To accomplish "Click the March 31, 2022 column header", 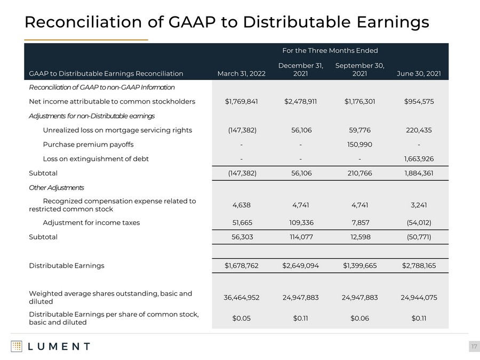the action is click(x=241, y=74).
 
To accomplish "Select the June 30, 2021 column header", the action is click(x=419, y=74).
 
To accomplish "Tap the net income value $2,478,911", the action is click(x=300, y=102).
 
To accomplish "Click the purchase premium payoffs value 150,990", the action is click(x=359, y=145).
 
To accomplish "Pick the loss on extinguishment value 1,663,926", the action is click(x=419, y=159).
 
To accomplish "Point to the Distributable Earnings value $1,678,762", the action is click(x=242, y=266).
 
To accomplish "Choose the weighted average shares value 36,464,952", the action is click(x=242, y=298).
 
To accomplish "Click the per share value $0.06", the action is click(x=359, y=318).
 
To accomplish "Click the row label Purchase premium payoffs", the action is click(x=88, y=145).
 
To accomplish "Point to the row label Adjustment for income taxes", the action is click(x=91, y=222).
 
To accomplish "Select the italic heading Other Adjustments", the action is click(x=57, y=188).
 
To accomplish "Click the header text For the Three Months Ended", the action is click(x=330, y=51).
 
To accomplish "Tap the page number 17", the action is click(x=474, y=347).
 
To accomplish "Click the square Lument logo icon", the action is click(x=17, y=347).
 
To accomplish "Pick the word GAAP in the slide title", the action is click(x=192, y=22).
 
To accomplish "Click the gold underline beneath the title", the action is click(x=86, y=40).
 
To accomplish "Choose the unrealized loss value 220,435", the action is click(x=419, y=130).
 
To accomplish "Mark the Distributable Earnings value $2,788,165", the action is click(x=419, y=266).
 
